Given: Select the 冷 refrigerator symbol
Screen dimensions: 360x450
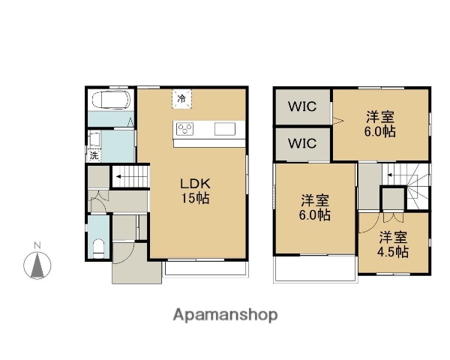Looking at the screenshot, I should tap(181, 97).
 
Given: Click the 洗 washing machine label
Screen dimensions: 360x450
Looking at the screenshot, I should tap(94, 156).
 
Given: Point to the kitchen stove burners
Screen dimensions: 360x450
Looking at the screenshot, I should tap(185, 129).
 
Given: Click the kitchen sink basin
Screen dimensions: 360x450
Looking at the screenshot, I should tap(225, 129).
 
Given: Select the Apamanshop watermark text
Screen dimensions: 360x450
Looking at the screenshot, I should tap(226, 315).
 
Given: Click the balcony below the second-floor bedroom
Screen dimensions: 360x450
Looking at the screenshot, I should tap(313, 269).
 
